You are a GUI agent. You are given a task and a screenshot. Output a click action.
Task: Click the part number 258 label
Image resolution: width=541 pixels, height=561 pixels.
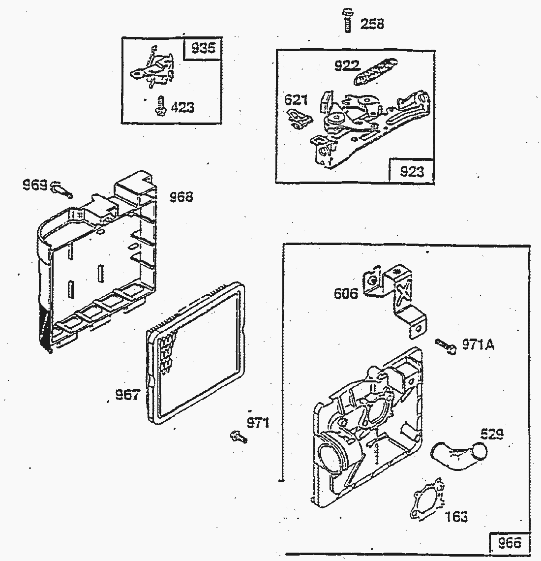point(372,24)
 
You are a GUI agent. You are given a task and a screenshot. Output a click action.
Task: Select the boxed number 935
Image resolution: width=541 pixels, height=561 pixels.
point(203,49)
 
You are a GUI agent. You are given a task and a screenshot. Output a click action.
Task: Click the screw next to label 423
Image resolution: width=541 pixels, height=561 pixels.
point(160,106)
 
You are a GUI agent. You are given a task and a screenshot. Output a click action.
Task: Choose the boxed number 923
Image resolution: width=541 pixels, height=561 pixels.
point(412,171)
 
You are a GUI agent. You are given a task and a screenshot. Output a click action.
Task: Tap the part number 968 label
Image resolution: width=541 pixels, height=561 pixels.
point(181,197)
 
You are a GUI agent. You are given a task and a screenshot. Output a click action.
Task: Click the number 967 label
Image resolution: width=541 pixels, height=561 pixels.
point(127,395)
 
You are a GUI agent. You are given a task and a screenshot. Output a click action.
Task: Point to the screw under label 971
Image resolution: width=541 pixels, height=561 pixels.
point(238,436)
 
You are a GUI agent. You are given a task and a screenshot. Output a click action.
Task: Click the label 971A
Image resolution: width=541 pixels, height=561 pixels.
point(478,344)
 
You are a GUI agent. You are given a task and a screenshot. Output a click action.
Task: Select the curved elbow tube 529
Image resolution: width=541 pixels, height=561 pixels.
point(457,453)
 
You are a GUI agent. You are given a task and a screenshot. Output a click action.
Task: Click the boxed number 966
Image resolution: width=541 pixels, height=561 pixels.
point(509,543)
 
